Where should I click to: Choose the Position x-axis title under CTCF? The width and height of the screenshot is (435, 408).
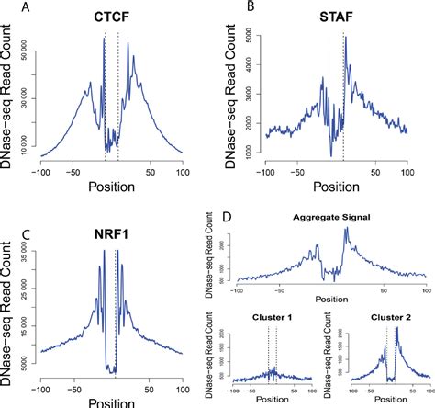coord(110,187)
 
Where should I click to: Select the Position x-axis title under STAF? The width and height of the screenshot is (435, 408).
coord(333,187)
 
